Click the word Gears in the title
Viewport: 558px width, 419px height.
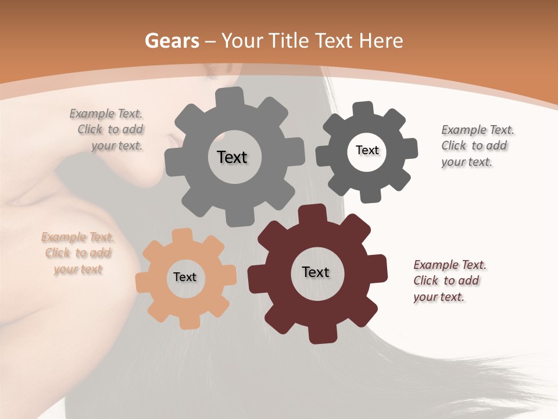point(171,41)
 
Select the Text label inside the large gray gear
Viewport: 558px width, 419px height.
point(232,157)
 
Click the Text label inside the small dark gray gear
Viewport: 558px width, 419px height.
point(367,150)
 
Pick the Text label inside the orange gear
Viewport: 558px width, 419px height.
point(185,277)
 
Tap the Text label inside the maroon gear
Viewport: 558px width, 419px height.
point(316,272)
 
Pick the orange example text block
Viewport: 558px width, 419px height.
point(77,253)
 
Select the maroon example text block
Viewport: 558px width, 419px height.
point(449,280)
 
